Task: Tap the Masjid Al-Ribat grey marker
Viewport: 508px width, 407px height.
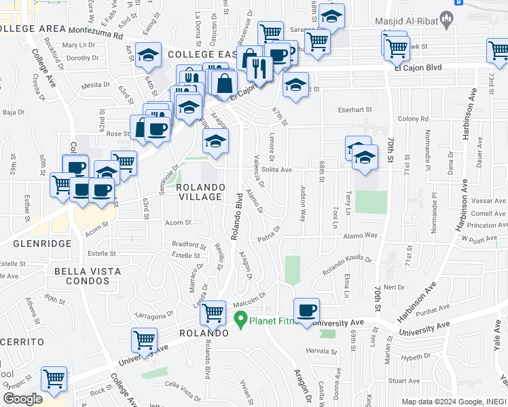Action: pos(446,17)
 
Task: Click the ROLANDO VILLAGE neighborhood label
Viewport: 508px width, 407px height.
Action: pos(199,191)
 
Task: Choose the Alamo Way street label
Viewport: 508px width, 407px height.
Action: pos(360,235)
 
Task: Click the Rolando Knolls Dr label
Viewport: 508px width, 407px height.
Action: pos(347,264)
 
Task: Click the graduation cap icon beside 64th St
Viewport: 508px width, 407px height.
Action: pos(147,56)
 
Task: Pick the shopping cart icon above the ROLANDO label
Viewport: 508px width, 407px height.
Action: pos(213,313)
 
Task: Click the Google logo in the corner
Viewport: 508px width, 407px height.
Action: pos(22,398)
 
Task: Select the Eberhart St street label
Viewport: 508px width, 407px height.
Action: pos(356,109)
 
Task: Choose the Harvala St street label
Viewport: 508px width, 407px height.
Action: pos(321,351)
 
